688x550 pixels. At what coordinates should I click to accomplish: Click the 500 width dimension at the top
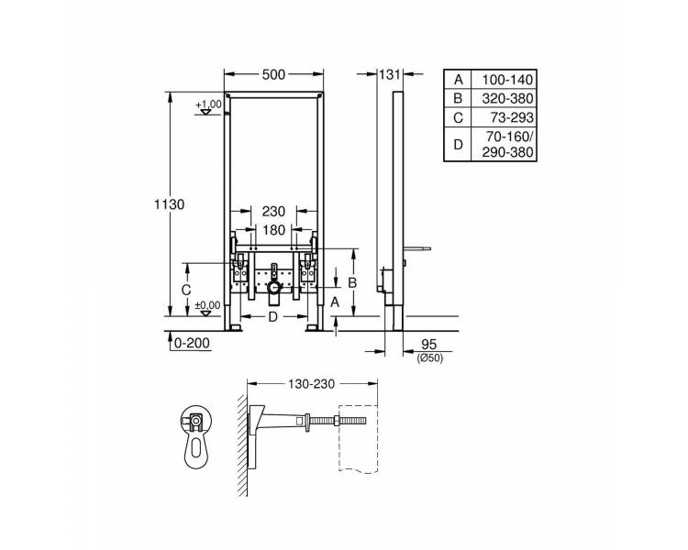point(273,75)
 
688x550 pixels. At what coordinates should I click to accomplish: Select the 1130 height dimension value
point(169,204)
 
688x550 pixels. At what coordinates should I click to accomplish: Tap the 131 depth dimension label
point(390,74)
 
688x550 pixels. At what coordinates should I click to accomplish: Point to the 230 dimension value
point(273,212)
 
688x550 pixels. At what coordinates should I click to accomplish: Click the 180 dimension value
point(273,230)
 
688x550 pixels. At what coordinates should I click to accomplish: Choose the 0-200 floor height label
point(192,343)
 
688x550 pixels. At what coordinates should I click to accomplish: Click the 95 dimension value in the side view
point(429,345)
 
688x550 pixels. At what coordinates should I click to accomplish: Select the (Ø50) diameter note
point(429,358)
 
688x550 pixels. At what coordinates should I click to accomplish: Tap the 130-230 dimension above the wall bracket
point(312,384)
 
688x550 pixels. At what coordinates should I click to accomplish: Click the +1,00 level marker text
point(209,104)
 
